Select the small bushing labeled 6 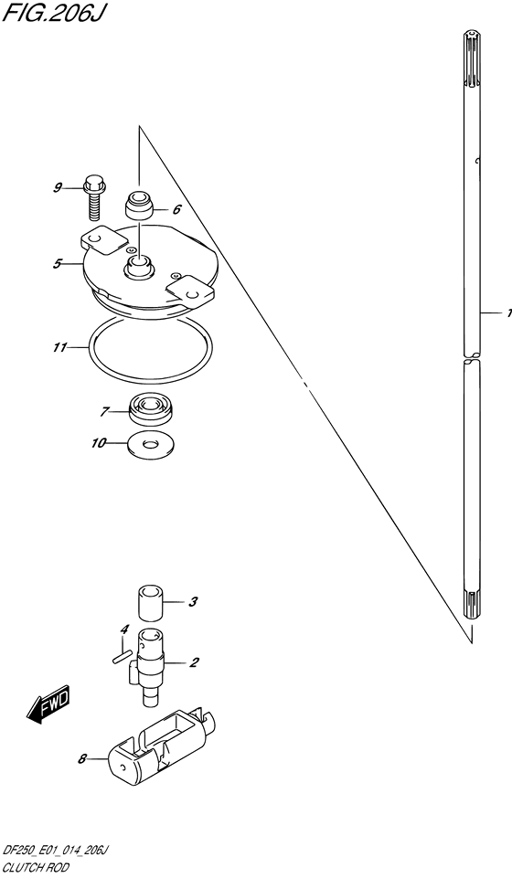pos(139,206)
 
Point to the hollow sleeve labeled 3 pos(150,604)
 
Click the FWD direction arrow pos(48,701)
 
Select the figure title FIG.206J pos(53,14)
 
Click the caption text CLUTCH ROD pos(36,868)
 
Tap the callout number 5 pos(57,263)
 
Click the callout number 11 pos(60,348)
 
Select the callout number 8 pos(81,759)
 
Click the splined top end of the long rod pos(472,61)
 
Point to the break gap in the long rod pos(472,357)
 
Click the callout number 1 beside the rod pos(508,313)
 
